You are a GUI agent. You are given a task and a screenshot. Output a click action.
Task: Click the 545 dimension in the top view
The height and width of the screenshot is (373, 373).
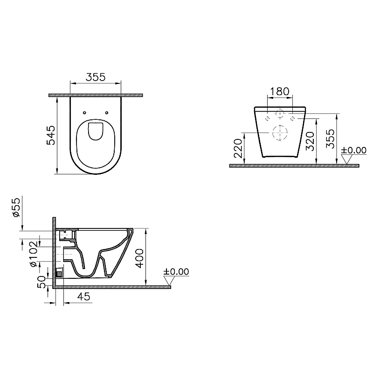[51, 135]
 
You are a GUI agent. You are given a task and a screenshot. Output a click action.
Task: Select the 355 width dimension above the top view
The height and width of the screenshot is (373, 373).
[96, 77]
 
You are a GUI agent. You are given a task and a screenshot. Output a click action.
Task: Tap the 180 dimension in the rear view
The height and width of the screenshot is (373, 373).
[280, 91]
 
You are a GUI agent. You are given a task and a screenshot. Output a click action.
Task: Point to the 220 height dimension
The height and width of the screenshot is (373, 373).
[238, 148]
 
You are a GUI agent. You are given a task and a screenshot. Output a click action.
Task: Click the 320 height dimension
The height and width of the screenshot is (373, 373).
[310, 141]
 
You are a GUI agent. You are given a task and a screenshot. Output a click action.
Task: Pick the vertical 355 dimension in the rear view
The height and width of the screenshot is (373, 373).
[330, 138]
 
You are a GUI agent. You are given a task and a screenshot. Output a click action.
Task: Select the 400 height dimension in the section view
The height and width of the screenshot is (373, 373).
[139, 258]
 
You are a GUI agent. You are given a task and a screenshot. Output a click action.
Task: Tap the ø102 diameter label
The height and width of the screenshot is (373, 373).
[33, 254]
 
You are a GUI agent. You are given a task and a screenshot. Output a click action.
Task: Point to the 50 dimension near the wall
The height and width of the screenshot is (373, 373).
[41, 282]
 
